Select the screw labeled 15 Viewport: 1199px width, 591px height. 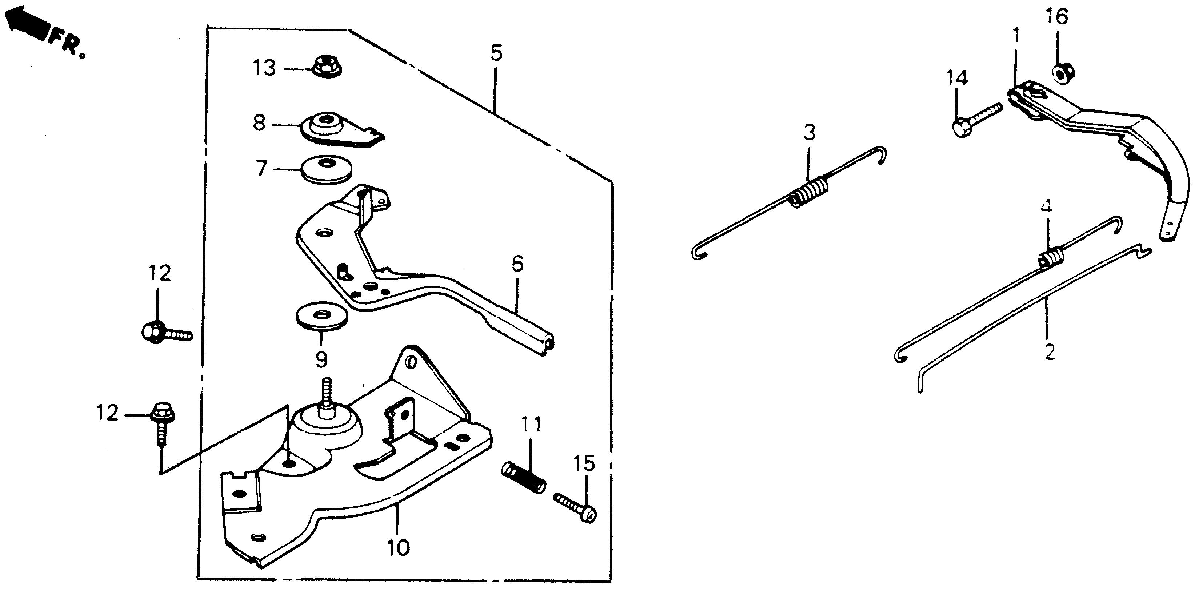(x=577, y=508)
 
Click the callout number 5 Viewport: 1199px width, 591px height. (x=496, y=53)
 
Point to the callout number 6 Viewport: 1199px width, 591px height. (x=517, y=264)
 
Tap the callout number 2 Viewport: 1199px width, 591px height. (x=1050, y=352)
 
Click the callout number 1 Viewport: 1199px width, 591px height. (x=1016, y=36)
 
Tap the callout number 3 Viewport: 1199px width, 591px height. (x=810, y=133)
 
